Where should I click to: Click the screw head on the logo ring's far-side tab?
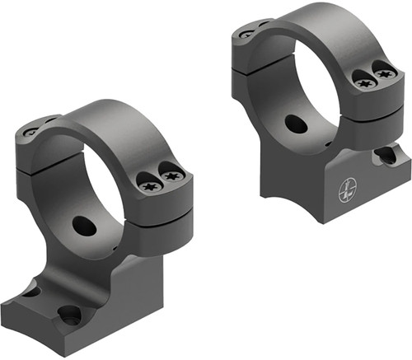[246, 35]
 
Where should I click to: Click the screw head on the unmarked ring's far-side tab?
[30, 132]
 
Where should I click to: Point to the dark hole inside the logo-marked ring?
[296, 124]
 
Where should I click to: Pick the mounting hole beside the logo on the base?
[384, 155]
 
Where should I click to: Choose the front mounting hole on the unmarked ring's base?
[69, 314]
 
